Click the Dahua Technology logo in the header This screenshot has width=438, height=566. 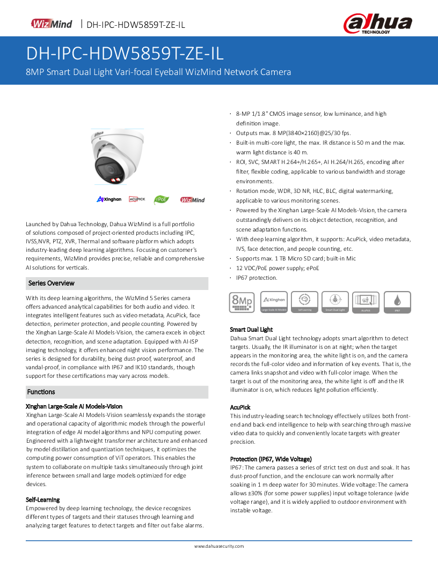[378, 23]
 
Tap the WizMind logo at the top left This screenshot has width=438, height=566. [52, 24]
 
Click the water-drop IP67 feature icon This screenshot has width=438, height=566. [397, 302]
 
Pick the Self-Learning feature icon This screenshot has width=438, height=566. [304, 302]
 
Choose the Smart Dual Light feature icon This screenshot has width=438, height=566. [335, 302]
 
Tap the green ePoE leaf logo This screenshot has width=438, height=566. [162, 199]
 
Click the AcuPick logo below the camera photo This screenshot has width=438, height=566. [137, 199]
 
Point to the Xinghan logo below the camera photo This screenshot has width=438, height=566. [109, 199]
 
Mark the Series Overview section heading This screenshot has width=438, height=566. [51, 283]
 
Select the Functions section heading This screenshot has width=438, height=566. [41, 392]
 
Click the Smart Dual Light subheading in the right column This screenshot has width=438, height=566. [251, 329]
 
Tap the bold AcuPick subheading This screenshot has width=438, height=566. [240, 407]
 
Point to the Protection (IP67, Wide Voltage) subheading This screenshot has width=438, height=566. [271, 459]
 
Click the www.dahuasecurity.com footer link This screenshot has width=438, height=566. [219, 546]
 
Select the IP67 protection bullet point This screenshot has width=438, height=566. [257, 278]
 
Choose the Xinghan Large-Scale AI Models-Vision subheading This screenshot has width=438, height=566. [74, 406]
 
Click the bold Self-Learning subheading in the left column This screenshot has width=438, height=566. [43, 500]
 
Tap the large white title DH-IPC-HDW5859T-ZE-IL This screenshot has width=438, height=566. [125, 54]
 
